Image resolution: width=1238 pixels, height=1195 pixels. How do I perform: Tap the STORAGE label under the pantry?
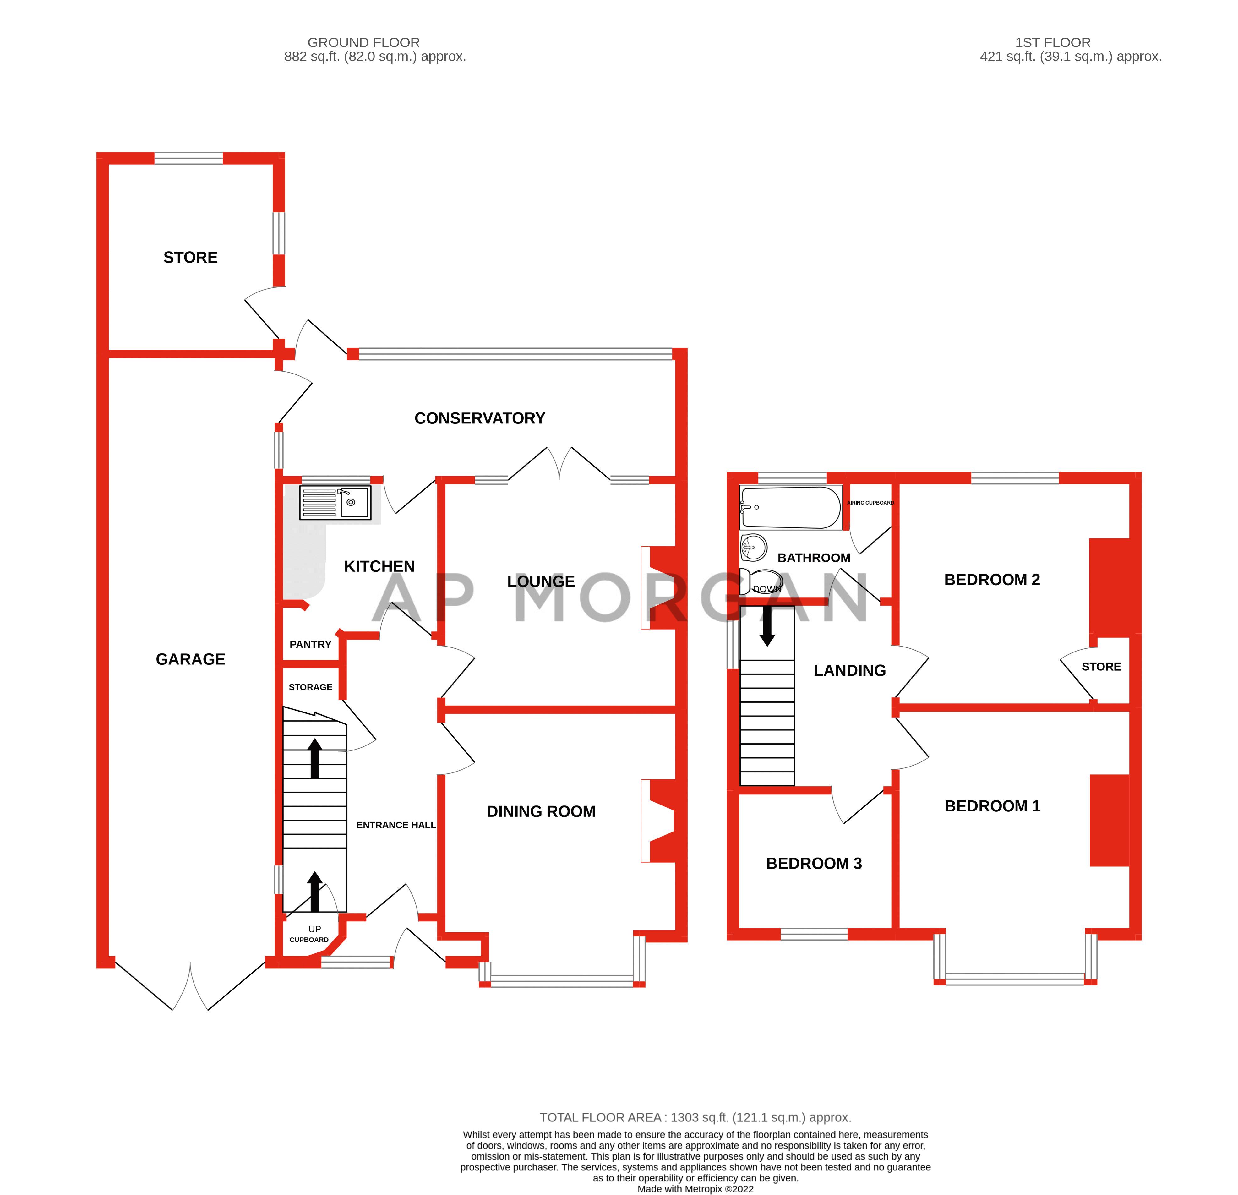tap(310, 687)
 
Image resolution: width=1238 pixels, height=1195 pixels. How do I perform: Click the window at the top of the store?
tap(188, 158)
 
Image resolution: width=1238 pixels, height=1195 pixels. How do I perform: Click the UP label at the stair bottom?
tap(314, 929)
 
